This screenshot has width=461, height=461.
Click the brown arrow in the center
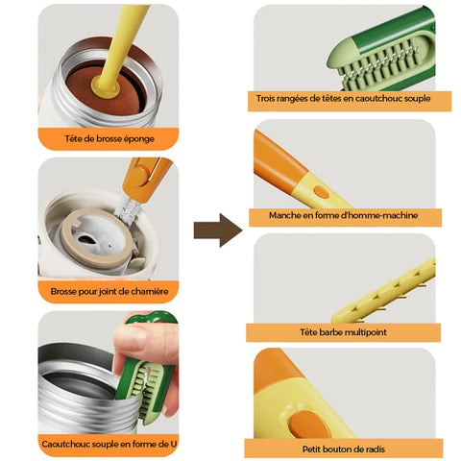point(218,230)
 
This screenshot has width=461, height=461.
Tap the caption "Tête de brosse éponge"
point(109,139)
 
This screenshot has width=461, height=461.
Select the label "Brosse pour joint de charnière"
point(109,292)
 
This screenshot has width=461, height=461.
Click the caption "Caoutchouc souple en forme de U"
point(109,445)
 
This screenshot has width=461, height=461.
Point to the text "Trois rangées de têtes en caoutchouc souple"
point(343,98)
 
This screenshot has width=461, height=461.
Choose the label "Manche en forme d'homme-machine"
point(343,215)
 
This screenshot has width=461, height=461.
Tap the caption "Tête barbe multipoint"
point(343,332)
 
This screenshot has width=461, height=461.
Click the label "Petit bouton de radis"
point(343,449)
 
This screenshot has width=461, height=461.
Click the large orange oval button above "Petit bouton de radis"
point(308,425)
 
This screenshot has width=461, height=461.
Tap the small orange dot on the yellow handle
point(322,192)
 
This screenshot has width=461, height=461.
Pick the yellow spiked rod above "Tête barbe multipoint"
point(384,291)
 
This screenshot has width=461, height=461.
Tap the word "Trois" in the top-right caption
point(265,98)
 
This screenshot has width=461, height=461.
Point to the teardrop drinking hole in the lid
point(87,239)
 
